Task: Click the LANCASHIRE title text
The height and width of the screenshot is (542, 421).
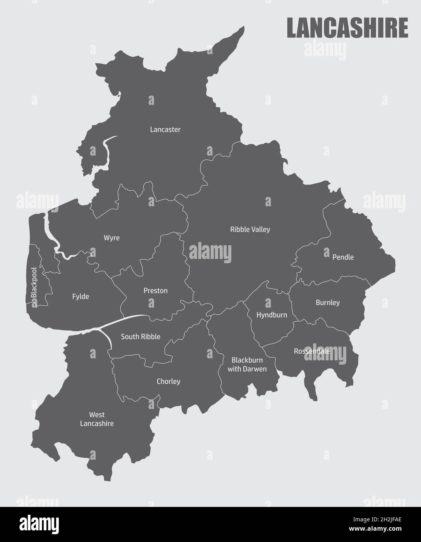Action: [347, 27]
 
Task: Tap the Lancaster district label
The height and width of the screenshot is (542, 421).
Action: [165, 129]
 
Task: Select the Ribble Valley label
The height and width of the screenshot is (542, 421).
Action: [250, 229]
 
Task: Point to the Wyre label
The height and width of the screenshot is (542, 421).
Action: [112, 238]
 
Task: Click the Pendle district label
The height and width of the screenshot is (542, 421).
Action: [343, 257]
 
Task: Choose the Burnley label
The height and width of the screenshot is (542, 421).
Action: [328, 303]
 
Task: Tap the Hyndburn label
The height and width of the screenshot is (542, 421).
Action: [272, 315]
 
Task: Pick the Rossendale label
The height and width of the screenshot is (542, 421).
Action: [312, 351]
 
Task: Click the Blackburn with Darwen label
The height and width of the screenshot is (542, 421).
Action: [247, 364]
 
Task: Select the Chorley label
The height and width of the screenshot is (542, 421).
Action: [168, 381]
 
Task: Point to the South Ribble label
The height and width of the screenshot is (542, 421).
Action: [141, 337]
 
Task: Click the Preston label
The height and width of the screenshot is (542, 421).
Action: [155, 290]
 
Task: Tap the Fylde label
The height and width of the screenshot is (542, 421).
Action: [81, 296]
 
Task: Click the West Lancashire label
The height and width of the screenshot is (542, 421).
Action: [97, 419]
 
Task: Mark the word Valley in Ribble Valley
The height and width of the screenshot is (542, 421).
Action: [261, 229]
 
